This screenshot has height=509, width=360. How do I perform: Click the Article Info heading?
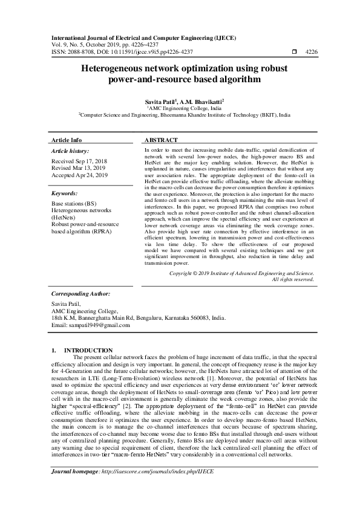67,140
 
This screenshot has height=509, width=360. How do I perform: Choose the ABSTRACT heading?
160,140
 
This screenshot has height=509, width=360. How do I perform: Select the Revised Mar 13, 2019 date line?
79,169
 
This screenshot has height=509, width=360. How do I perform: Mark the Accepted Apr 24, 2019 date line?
79,176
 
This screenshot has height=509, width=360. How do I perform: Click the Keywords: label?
65,193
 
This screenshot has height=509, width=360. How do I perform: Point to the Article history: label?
70,151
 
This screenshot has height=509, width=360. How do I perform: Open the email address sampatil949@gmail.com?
92,326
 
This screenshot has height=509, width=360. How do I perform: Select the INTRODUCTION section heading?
88,350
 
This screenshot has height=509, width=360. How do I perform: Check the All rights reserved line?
293,279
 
